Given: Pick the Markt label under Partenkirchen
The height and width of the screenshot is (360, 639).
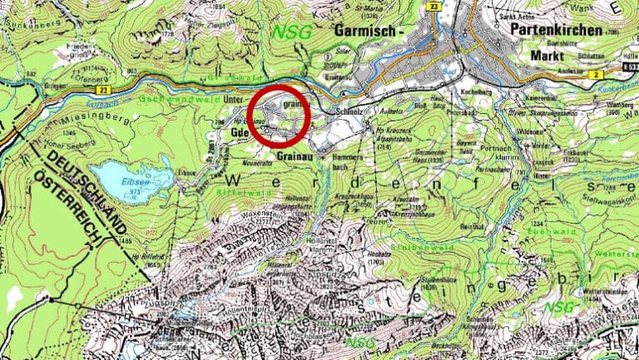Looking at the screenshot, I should pyautogui.click(x=549, y=57).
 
